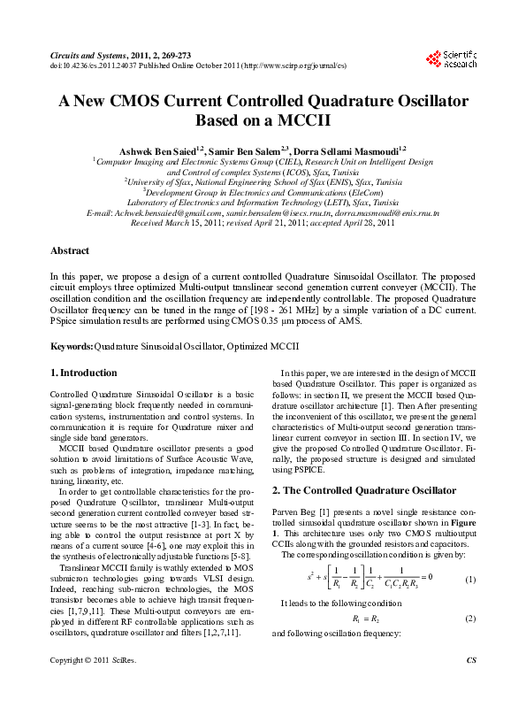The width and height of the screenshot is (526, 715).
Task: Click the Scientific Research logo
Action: coord(452,58)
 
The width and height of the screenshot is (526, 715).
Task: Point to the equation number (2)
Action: coord(470,619)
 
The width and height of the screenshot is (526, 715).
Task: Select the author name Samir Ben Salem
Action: coord(252,152)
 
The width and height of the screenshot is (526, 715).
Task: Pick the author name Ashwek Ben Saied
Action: coord(162,152)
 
